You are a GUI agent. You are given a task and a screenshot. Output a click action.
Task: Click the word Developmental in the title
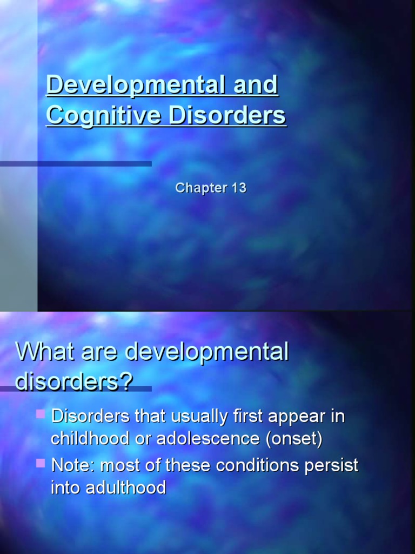tap(132, 85)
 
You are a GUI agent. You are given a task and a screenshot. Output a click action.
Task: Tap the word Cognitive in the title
tap(104, 116)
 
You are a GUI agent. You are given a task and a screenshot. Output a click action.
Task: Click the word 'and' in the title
tap(252, 85)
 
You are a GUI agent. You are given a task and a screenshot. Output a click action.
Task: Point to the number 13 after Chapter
tap(238, 188)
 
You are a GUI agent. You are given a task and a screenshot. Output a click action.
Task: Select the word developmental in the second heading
tap(207, 352)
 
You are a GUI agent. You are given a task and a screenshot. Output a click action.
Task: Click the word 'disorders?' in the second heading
tap(74, 381)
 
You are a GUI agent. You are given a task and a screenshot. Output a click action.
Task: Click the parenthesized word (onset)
tap(293, 439)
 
